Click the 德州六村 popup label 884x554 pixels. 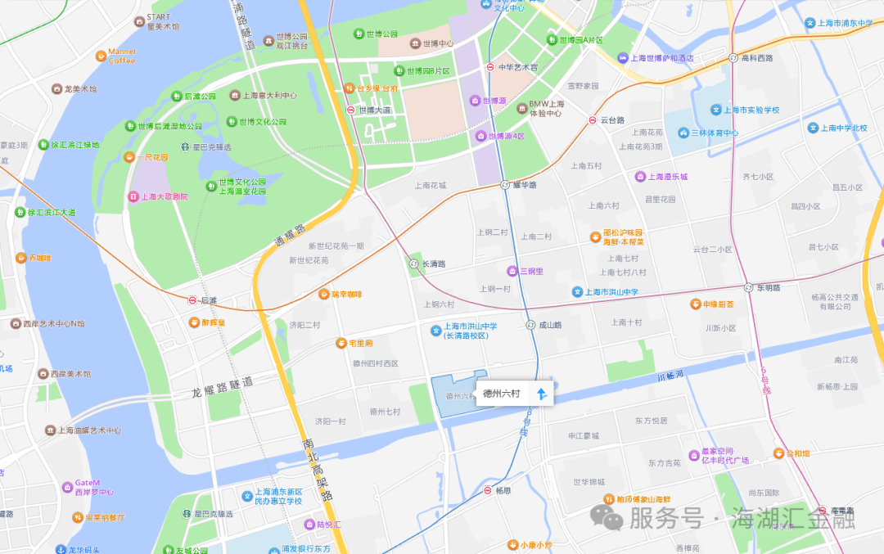[x=502, y=394]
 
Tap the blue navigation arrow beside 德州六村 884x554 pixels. [x=541, y=394]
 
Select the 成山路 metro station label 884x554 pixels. [x=550, y=325]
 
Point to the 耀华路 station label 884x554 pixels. [x=524, y=185]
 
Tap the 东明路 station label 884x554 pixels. [x=768, y=287]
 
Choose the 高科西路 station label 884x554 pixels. [x=756, y=57]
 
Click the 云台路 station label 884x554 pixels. [x=612, y=119]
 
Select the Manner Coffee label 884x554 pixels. [x=122, y=56]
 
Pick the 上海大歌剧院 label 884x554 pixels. [x=164, y=196]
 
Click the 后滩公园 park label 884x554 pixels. [x=200, y=96]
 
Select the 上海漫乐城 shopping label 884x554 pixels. [x=668, y=176]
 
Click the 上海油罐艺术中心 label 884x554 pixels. [x=89, y=430]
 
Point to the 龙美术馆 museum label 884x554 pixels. [x=79, y=88]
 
